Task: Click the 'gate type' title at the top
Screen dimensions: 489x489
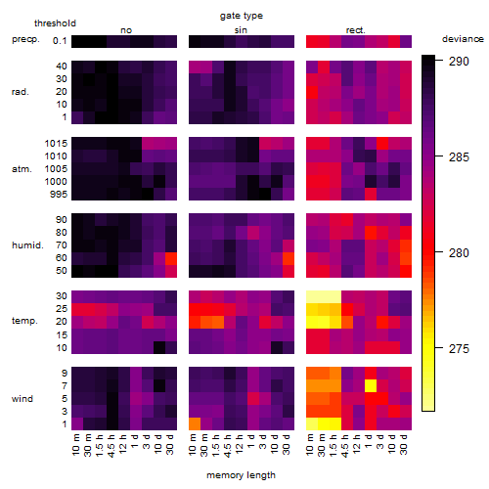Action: click(x=242, y=16)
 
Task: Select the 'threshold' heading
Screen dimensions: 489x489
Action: click(x=55, y=23)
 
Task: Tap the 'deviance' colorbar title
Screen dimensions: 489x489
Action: click(x=463, y=39)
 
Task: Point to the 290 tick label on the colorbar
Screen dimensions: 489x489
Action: click(x=459, y=61)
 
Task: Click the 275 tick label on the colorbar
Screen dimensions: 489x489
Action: click(x=459, y=349)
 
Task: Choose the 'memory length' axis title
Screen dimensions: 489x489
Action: click(x=241, y=475)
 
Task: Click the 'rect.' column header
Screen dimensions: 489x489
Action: click(x=355, y=30)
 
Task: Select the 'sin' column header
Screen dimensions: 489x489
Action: click(x=241, y=30)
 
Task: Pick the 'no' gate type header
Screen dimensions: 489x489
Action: click(x=126, y=30)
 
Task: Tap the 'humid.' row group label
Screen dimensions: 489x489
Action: click(x=27, y=245)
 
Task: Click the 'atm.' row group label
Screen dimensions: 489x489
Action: click(x=22, y=169)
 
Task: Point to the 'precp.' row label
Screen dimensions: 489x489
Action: click(x=25, y=39)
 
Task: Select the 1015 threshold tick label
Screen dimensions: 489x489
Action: click(x=56, y=144)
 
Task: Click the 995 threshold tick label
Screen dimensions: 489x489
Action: click(x=59, y=195)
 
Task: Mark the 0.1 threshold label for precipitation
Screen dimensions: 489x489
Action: click(x=60, y=41)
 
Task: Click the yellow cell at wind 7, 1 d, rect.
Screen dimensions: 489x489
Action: click(x=371, y=385)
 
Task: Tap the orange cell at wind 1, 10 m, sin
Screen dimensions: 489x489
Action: click(x=195, y=423)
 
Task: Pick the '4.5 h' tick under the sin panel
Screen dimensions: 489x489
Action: click(x=230, y=445)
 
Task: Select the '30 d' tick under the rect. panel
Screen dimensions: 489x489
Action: click(x=406, y=445)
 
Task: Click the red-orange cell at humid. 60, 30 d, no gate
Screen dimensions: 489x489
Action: click(x=171, y=258)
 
